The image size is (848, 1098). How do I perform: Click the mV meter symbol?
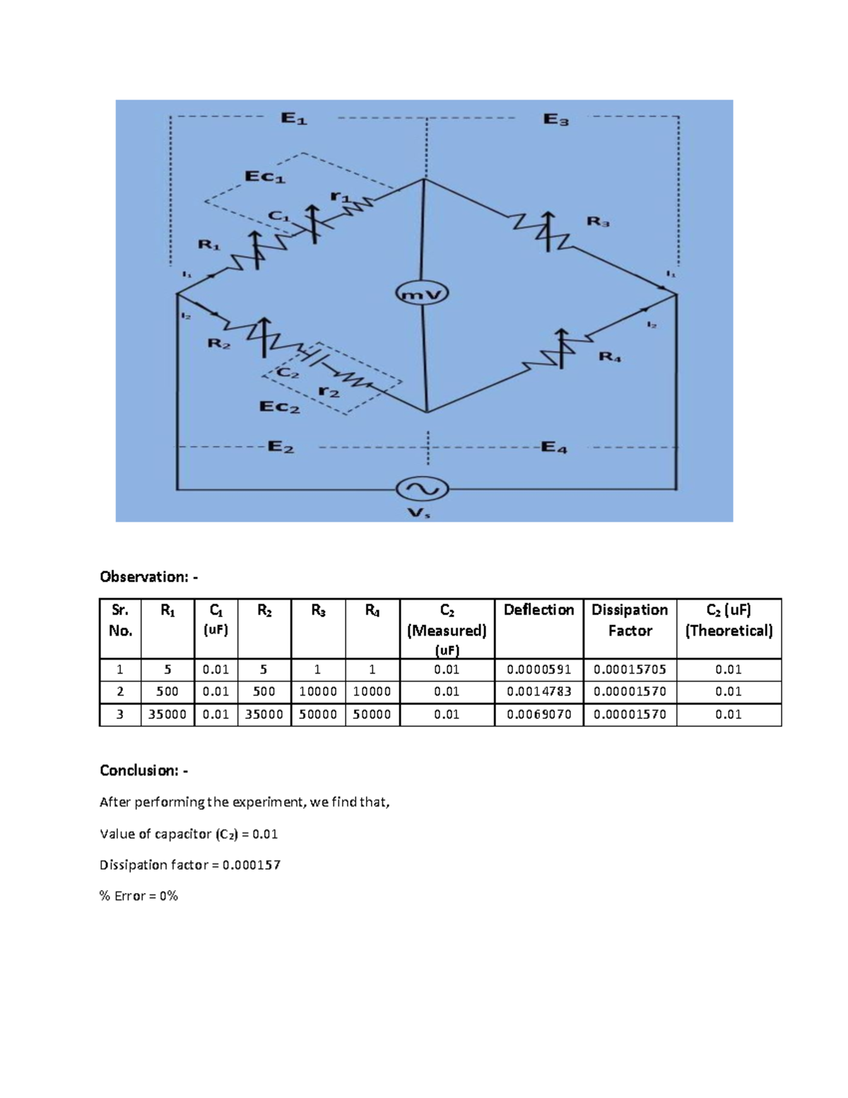pos(422,294)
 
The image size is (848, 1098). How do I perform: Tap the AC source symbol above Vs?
pos(422,489)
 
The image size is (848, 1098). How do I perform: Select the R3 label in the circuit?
pos(598,222)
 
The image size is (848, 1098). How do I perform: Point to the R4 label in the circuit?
pos(609,357)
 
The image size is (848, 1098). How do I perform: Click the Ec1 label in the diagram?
pos(265,177)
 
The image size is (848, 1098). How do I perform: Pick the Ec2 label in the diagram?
pos(280,407)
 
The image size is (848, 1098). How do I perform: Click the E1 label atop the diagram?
pos(293,119)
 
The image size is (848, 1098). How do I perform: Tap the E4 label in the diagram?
pos(553,448)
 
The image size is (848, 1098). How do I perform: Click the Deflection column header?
pos(538,610)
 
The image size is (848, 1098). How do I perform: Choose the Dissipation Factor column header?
pos(630,620)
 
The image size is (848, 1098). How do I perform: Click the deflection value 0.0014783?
pos(538,691)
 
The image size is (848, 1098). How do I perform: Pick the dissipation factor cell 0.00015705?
pos(630,670)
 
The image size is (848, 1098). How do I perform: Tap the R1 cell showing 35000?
pos(167,714)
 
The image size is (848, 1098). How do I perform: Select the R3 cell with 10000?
pos(318,691)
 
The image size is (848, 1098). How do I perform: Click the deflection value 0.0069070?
pos(538,714)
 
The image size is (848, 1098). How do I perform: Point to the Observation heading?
pos(148,577)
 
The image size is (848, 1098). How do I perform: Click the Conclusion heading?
pos(143,770)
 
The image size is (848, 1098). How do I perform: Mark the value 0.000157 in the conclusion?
pos(252,865)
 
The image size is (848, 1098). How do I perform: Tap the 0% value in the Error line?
pos(168,896)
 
